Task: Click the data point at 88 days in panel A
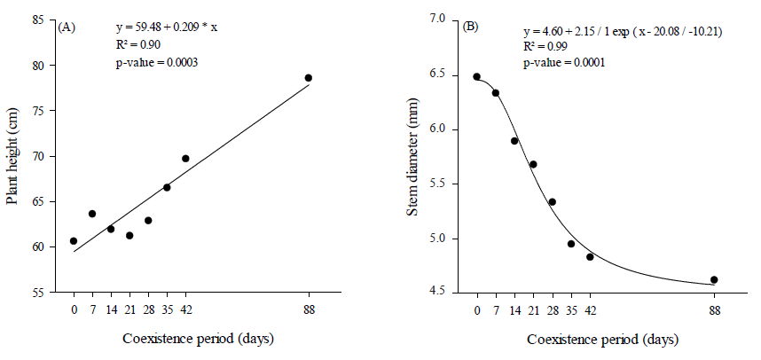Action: coord(309,78)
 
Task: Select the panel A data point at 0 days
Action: coord(74,241)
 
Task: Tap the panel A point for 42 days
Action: coord(185,159)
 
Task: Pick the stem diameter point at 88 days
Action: coord(714,280)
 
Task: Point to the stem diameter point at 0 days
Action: coord(476,77)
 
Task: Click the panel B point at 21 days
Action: coord(533,164)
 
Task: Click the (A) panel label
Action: coord(67,27)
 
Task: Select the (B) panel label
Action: coord(471,27)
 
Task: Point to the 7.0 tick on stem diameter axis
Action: coord(447,20)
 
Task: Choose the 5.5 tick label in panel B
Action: coord(447,184)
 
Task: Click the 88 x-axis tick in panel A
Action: coord(309,310)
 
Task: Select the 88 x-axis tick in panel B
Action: coord(714,310)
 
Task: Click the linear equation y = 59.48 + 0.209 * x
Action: coord(167,27)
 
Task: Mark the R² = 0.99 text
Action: coord(545,47)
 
